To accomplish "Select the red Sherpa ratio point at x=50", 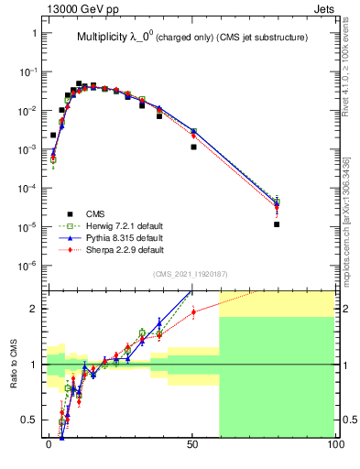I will tap(193, 311).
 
